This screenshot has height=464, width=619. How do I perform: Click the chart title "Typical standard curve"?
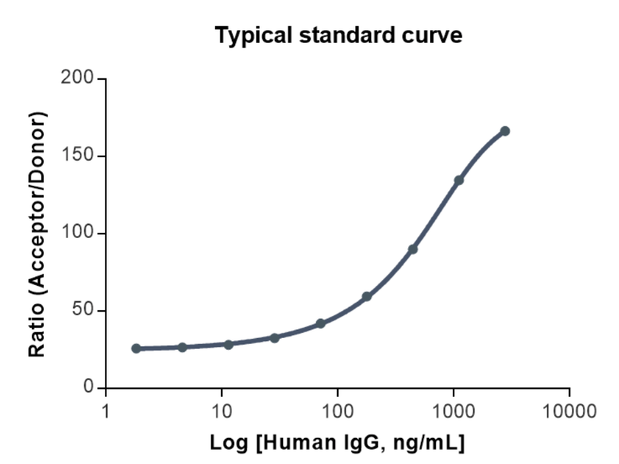coord(338,36)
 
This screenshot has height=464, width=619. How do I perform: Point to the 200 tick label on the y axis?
coord(78,79)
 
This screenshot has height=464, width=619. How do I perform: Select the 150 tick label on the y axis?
coord(78,156)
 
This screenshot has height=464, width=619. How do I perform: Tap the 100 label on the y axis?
coord(78,234)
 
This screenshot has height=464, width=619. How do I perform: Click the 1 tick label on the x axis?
coord(106,411)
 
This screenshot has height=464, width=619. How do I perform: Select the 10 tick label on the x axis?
coord(222,411)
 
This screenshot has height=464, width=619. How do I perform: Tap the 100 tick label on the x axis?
coord(338,411)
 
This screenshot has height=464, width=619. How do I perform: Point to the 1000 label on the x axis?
coord(454,411)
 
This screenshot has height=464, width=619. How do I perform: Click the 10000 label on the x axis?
coord(569,411)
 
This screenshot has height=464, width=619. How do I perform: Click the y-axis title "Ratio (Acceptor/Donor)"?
coord(38,234)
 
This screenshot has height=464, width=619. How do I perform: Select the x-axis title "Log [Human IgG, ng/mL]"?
coord(338,442)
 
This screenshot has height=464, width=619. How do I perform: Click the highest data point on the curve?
coord(505,131)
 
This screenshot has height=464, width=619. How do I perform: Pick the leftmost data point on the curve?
coord(136,348)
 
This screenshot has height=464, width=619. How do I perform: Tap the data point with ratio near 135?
coord(459,180)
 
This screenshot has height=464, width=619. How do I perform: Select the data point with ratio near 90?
coord(412,249)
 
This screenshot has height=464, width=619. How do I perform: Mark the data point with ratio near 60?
coord(366,297)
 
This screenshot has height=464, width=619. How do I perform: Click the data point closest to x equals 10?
coord(228,345)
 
